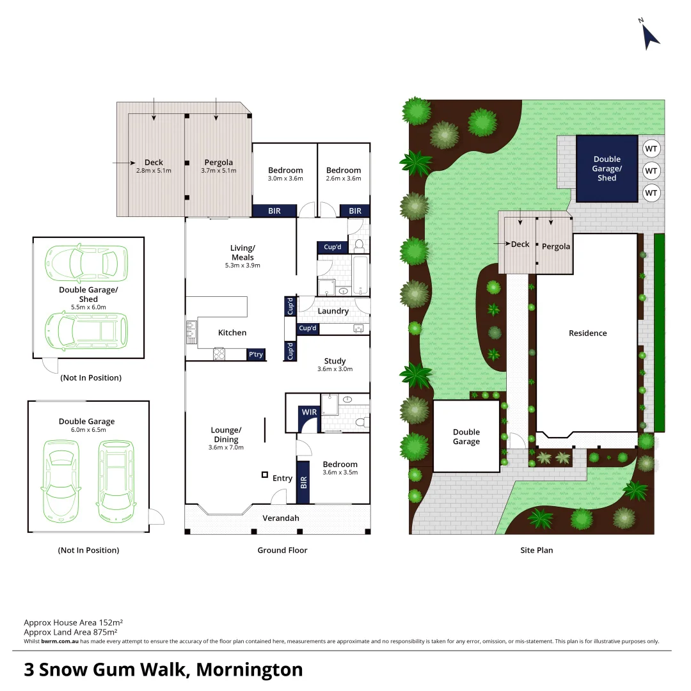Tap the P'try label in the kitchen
pos(255,354)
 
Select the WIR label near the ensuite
pos(309,412)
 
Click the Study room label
pos(335,361)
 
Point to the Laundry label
pos(333,312)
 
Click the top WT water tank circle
pos(651,149)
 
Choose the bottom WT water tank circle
pos(651,192)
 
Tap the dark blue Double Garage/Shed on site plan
pos(607,168)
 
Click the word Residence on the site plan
pos(587,333)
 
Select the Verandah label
pos(280,518)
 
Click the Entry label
pos(282,479)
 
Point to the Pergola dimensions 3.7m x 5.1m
pos(218,171)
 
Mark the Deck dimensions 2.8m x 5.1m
pos(154,171)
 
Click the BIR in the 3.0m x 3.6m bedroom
pos(274,210)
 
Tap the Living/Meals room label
pos(242,252)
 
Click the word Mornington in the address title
pos(249,670)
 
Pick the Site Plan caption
pos(536,550)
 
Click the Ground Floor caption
pos(282,550)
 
